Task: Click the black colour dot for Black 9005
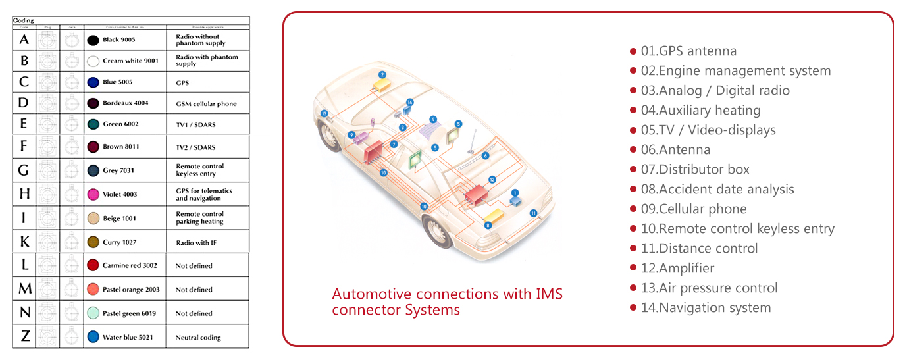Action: [93, 40]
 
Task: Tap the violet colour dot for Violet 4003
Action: [93, 195]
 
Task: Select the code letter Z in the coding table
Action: [24, 337]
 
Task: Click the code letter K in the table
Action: [24, 242]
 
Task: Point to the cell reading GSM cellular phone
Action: [206, 103]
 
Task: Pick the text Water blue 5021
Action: [129, 338]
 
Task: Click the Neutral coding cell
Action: [198, 338]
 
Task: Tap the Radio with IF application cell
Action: [196, 243]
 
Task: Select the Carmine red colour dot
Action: [93, 265]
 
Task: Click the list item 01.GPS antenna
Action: [688, 51]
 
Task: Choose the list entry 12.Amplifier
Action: [677, 268]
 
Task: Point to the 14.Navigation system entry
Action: [706, 307]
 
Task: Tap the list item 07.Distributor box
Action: [695, 169]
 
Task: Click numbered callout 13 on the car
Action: [324, 113]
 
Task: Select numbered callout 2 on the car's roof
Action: [382, 74]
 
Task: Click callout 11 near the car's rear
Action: [533, 213]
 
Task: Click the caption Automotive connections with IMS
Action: [447, 294]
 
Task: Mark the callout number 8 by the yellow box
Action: [488, 226]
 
